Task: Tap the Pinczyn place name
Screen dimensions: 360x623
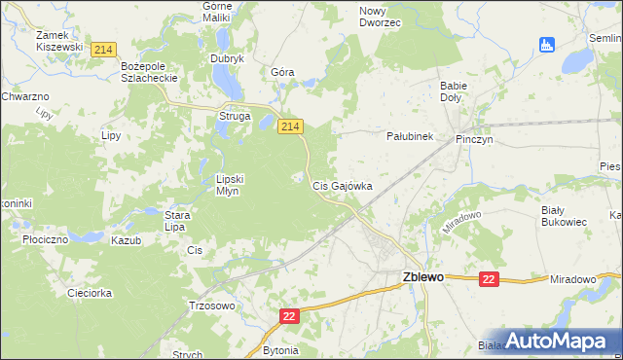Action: coord(476,139)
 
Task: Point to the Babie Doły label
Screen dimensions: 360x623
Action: coord(455,91)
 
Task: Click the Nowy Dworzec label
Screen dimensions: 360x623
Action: coord(380,16)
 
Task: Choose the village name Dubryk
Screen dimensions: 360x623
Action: coord(227,58)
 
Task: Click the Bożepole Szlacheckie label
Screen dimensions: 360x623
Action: coord(146,71)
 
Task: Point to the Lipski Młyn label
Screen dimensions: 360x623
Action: coord(234,185)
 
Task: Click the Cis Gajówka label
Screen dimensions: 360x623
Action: coord(342,185)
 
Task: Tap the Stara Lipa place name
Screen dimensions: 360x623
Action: coord(175,220)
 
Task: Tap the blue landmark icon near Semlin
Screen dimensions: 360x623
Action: coord(546,44)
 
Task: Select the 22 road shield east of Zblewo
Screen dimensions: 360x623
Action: coord(489,279)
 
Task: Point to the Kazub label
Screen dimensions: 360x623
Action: coord(127,240)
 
